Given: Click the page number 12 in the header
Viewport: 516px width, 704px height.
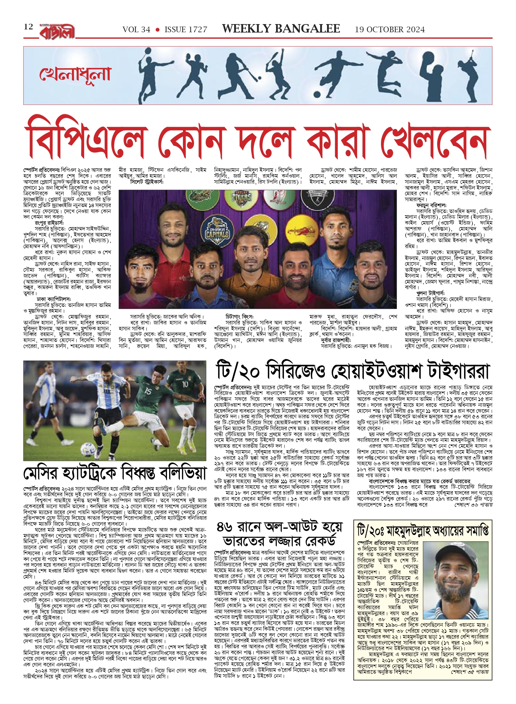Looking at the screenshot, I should pos(28,27).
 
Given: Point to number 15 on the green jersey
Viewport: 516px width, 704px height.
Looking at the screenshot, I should pos(148,391).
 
